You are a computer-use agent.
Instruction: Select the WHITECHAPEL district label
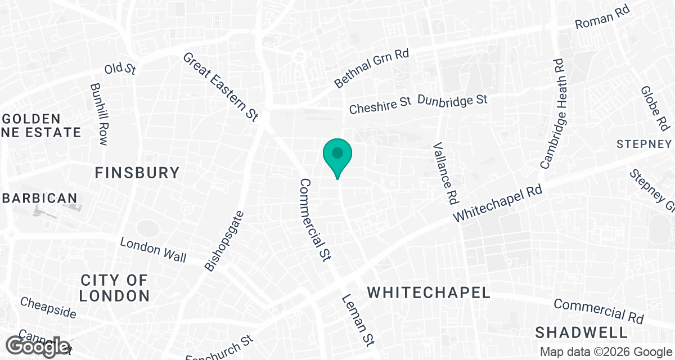pos(429,292)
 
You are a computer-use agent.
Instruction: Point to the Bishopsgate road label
pos(225,241)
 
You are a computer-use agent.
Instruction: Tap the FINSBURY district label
pos(137,173)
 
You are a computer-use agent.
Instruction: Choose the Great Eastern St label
pos(220,87)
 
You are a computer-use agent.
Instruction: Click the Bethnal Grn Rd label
pos(371,67)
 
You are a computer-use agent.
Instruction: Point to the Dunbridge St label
pos(452,100)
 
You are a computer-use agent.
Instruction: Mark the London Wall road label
pos(154,249)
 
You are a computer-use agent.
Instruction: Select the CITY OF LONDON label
pos(114,287)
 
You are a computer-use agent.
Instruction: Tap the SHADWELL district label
pos(581,331)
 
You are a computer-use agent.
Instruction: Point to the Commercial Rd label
pos(598,311)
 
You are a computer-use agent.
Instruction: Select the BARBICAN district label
pos(39,198)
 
